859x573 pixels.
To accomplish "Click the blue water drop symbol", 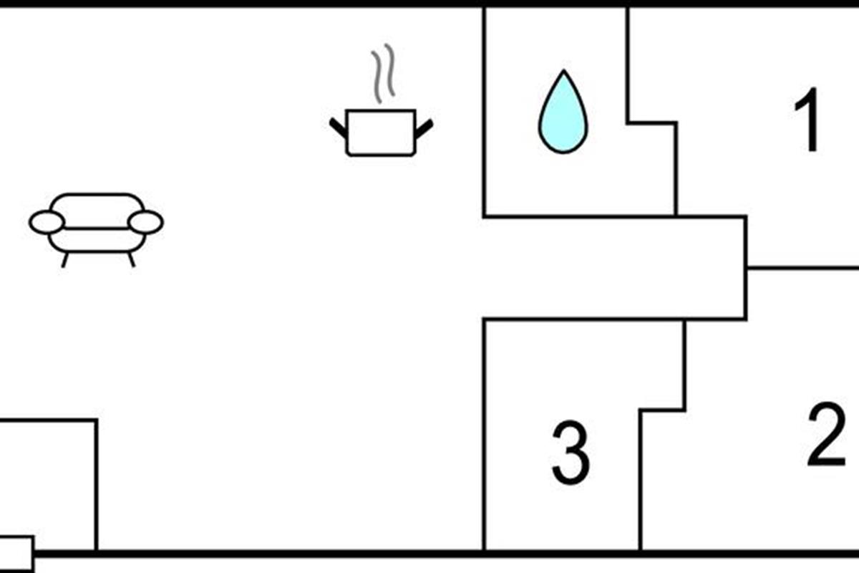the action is click(x=563, y=113).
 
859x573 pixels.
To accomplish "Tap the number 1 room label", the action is click(x=807, y=120).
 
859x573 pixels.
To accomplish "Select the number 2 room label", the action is click(x=827, y=435).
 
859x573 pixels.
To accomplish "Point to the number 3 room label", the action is click(x=571, y=453).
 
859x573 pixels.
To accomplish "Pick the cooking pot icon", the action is click(x=381, y=133).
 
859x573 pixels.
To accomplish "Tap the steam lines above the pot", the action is click(x=383, y=74).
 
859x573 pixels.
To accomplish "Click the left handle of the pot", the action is click(x=338, y=127).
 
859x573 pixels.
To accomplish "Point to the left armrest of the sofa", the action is click(x=47, y=222).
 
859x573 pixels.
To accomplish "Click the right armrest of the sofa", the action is click(x=146, y=222).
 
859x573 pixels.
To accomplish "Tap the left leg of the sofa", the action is click(x=65, y=260).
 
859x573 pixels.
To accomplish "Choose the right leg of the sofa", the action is click(x=132, y=259).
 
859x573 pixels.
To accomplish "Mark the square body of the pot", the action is click(x=381, y=133).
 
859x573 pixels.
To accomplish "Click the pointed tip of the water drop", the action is click(x=564, y=70).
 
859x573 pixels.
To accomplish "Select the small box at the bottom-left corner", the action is click(x=16, y=554).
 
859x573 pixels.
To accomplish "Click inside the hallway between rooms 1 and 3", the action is click(x=613, y=268).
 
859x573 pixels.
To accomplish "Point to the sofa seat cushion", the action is click(x=97, y=240).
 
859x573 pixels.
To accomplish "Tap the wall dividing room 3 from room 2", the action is click(x=641, y=480).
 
